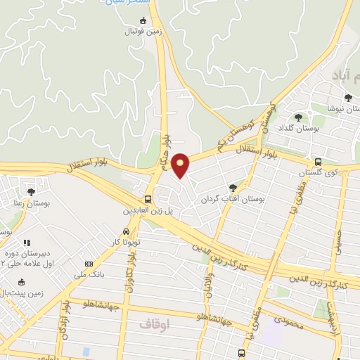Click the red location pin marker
[x=181, y=165]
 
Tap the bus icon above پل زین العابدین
[x=148, y=199]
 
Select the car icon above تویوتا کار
[x=125, y=231]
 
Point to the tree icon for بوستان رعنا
[x=30, y=191]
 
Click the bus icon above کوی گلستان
[x=319, y=161]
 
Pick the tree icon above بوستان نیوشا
[x=347, y=97]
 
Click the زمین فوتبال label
[x=144, y=32]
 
